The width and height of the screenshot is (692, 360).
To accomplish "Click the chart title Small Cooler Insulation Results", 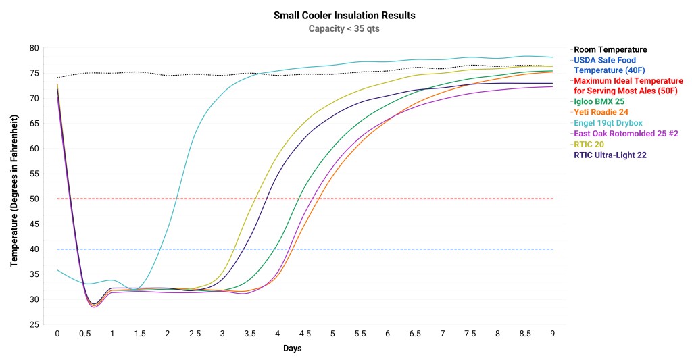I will [x=344, y=15].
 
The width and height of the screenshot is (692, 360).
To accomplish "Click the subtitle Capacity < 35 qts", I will [x=344, y=28].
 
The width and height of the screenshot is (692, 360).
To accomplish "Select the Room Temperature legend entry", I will [x=610, y=49].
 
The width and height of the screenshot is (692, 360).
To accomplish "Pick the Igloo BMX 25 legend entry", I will [x=599, y=101].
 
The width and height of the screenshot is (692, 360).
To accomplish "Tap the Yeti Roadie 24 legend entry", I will [x=602, y=112].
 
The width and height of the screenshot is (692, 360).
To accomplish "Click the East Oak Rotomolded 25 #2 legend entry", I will [x=626, y=134].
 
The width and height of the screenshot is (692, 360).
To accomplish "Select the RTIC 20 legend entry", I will [x=589, y=144].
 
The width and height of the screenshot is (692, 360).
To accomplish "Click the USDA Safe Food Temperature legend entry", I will [x=605, y=65].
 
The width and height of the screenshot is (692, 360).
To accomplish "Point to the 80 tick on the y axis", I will [x=33, y=48].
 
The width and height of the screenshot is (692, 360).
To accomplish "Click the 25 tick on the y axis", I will [x=33, y=325].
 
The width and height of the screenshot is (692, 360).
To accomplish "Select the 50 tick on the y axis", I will [x=33, y=199].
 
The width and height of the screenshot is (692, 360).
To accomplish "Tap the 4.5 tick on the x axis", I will [x=305, y=334].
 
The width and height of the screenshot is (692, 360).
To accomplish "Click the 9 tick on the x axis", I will [x=552, y=334].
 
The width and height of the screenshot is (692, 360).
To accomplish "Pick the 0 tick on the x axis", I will [x=57, y=334].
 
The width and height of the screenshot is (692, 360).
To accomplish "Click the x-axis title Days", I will [x=292, y=349].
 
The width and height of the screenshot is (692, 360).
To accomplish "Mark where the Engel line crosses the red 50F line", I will [x=177, y=199].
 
